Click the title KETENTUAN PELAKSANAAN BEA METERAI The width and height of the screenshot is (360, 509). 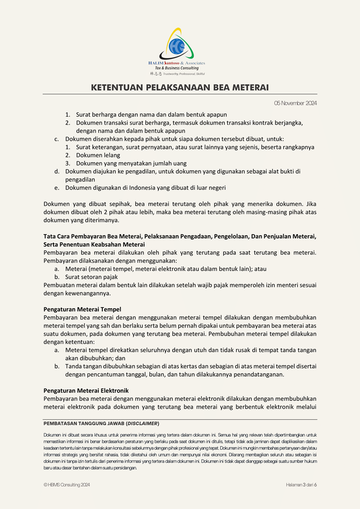click(x=180, y=88)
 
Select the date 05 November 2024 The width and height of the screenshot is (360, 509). click(x=295, y=103)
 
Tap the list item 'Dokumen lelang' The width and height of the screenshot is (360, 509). click(x=98, y=155)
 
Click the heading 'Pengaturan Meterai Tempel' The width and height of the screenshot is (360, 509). click(x=82, y=309)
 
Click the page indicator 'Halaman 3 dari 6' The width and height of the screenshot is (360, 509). click(x=301, y=485)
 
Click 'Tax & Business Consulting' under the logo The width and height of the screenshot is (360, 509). click(x=177, y=68)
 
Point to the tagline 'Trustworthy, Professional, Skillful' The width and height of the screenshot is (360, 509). click(x=184, y=74)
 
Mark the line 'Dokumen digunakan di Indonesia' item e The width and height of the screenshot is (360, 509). click(x=146, y=188)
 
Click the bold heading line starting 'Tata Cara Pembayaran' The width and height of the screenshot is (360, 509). click(x=180, y=236)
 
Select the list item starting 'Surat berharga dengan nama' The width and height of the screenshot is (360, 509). click(x=151, y=115)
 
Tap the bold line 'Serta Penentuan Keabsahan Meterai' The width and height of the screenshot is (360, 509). click(x=94, y=244)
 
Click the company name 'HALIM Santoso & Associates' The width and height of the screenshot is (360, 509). click(x=177, y=63)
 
